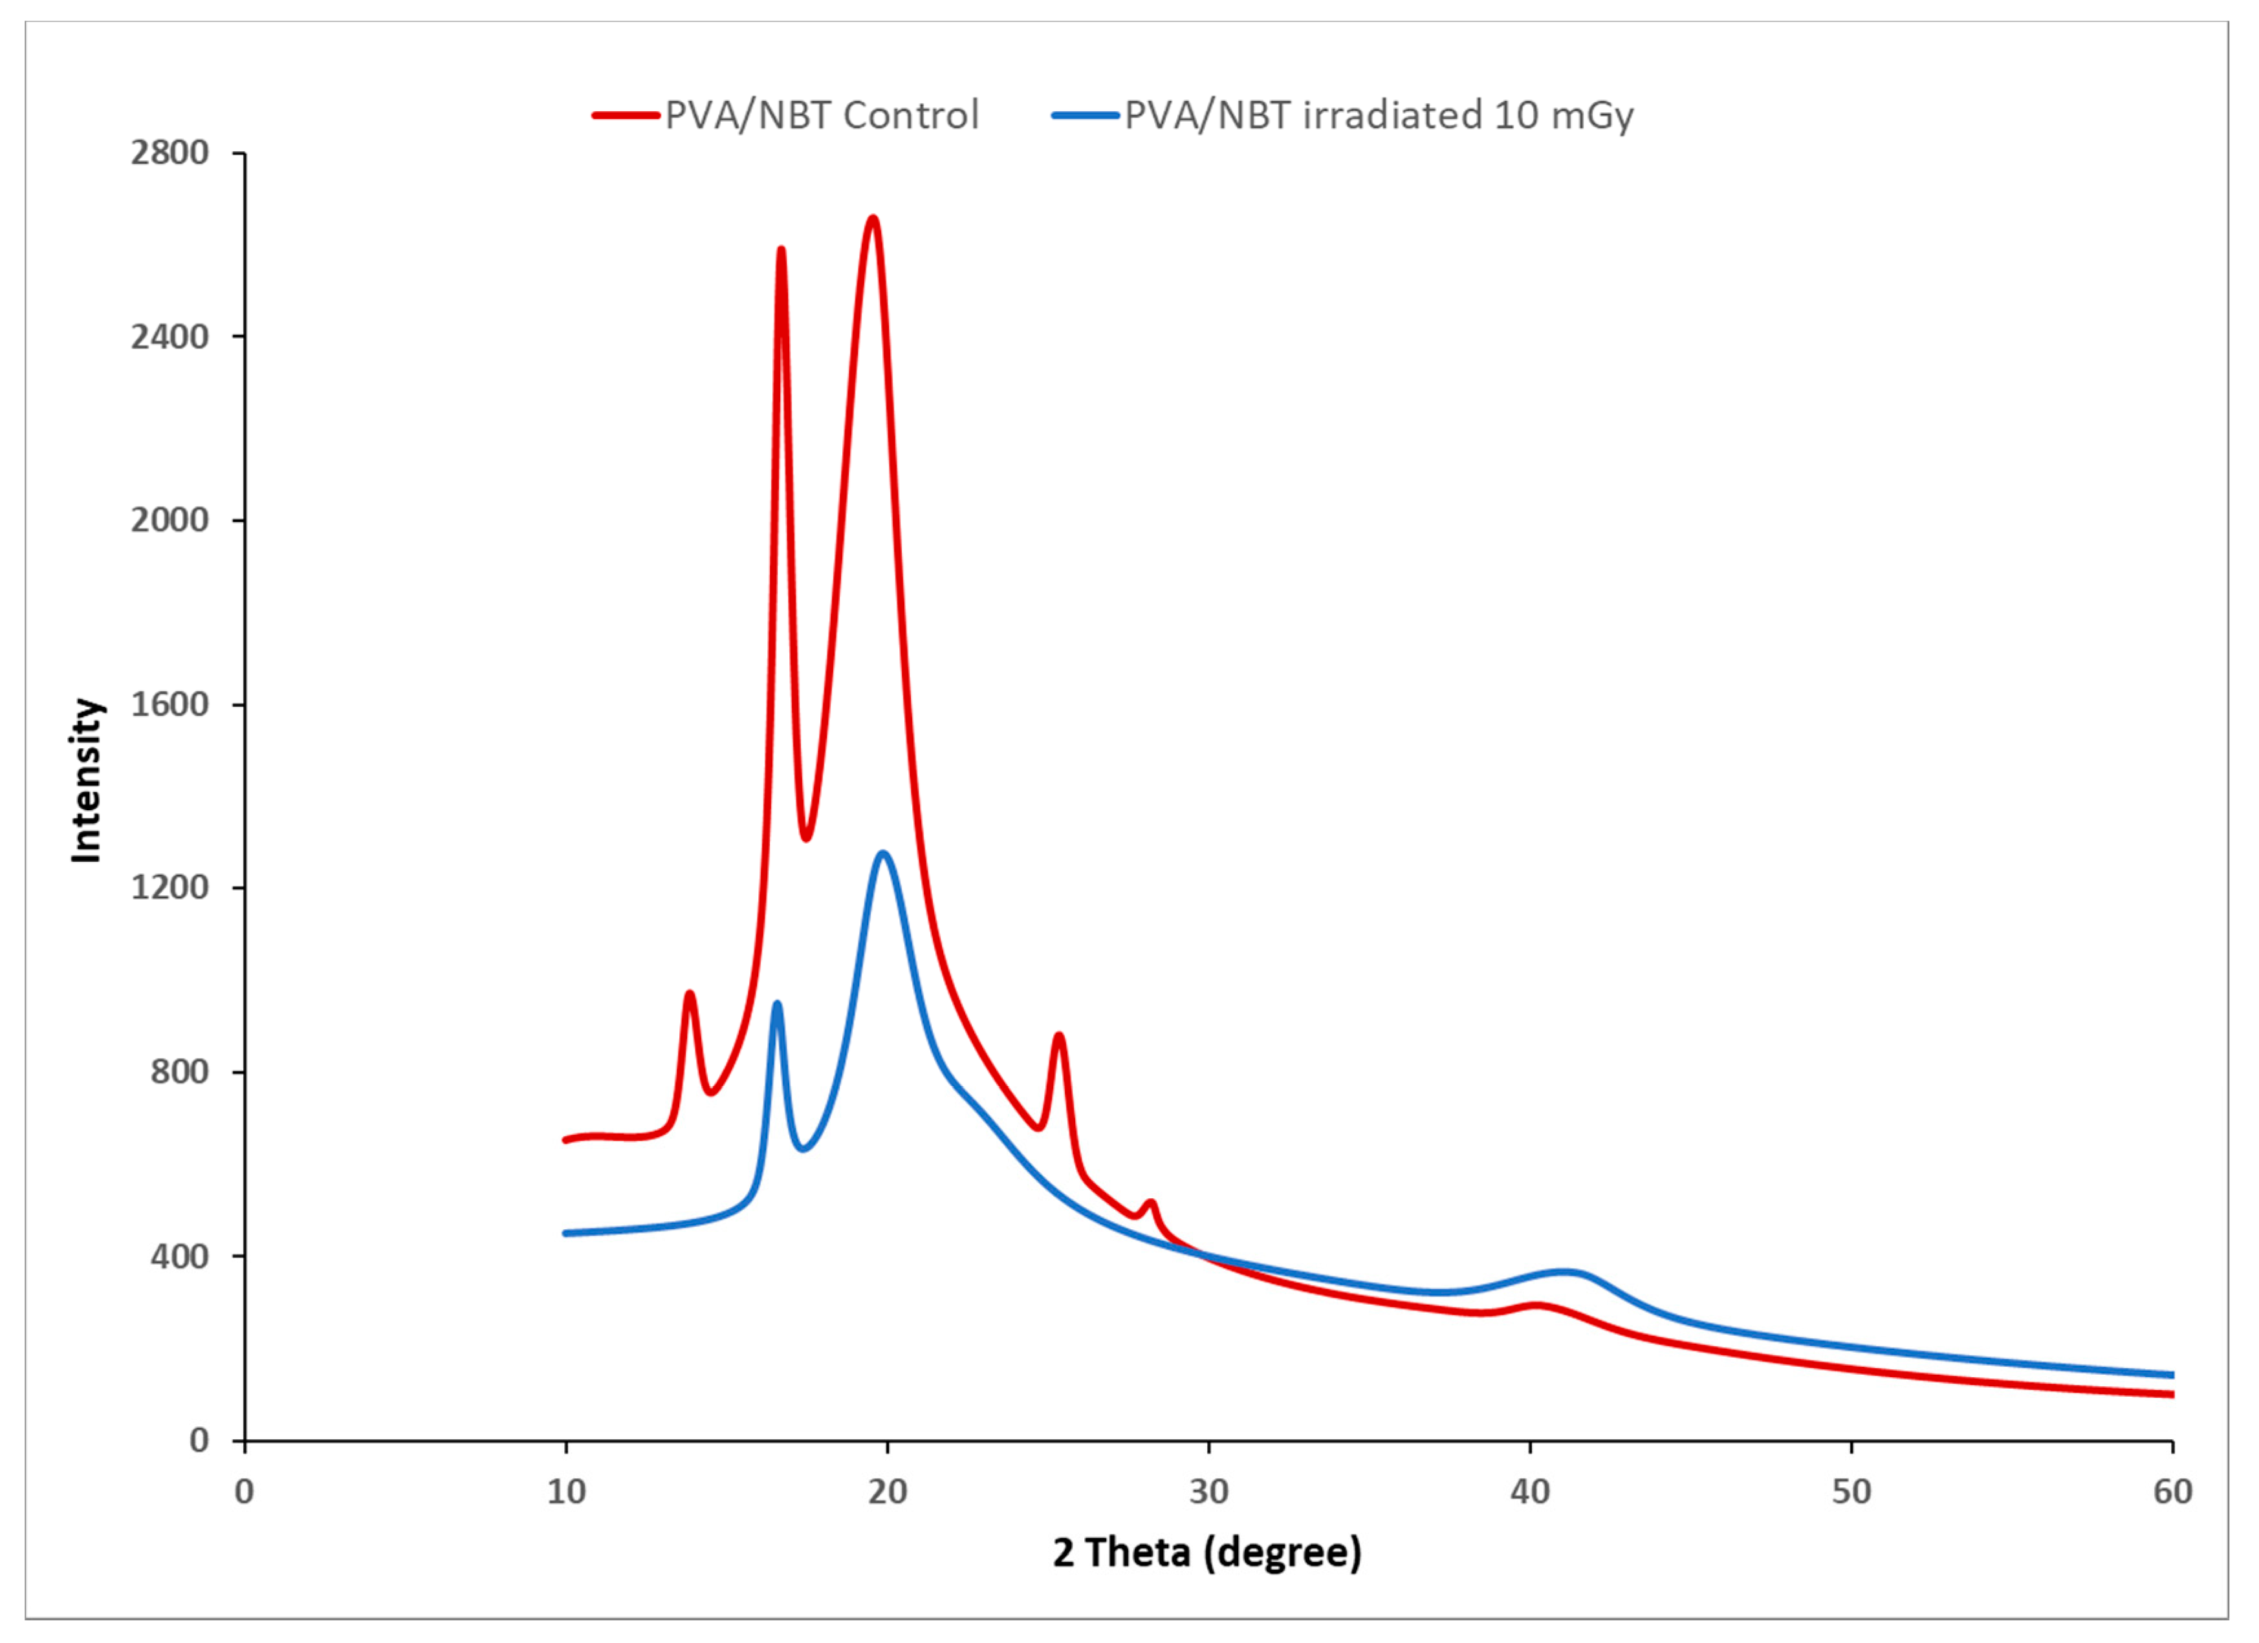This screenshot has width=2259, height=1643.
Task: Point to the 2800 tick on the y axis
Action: pyautogui.click(x=169, y=153)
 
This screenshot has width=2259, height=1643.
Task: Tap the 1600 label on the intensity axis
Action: pyautogui.click(x=169, y=705)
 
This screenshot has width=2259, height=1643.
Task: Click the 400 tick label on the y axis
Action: pyautogui.click(x=179, y=1256)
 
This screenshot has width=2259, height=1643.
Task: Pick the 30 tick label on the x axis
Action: pyautogui.click(x=1208, y=1492)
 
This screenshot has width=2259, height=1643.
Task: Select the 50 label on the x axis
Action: pyautogui.click(x=1851, y=1492)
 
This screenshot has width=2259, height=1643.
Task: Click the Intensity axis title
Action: pyautogui.click(x=87, y=780)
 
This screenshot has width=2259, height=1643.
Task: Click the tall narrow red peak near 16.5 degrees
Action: pyautogui.click(x=781, y=250)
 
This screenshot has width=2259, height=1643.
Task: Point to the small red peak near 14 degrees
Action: pyautogui.click(x=689, y=994)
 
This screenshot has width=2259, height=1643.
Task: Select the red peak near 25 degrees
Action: pyautogui.click(x=1059, y=1036)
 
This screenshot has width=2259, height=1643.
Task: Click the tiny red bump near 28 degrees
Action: pyautogui.click(x=1151, y=1203)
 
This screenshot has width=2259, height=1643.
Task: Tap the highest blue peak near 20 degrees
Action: pyautogui.click(x=882, y=854)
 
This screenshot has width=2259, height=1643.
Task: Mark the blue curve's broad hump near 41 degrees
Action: pyautogui.click(x=1564, y=1273)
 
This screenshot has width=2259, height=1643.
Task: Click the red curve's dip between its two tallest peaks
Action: pyautogui.click(x=806, y=837)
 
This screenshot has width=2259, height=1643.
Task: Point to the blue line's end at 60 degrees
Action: pyautogui.click(x=2172, y=1375)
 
